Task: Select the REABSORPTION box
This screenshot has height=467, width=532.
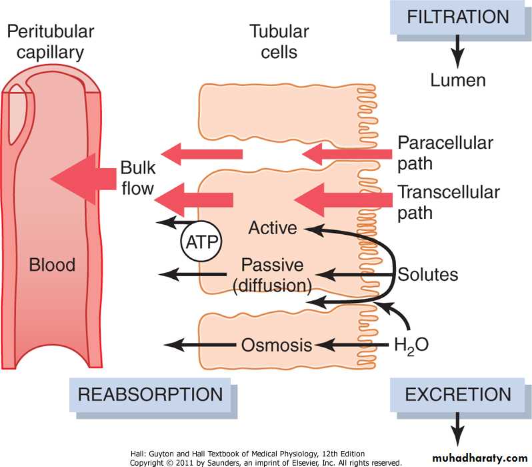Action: click(150, 394)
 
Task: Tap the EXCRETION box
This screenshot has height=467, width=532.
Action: click(459, 394)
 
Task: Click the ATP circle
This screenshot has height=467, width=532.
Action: click(201, 240)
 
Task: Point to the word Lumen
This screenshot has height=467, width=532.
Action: click(457, 81)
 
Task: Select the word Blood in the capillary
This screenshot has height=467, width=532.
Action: click(52, 265)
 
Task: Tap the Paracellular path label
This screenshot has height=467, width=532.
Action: click(445, 153)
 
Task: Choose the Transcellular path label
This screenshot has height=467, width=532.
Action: click(449, 203)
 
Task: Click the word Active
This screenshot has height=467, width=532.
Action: click(272, 228)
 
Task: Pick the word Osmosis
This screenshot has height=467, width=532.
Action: click(277, 346)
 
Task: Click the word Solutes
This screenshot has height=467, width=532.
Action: click(428, 274)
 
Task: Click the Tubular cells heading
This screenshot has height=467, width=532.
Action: click(279, 41)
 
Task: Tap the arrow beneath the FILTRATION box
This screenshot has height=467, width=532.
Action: click(457, 49)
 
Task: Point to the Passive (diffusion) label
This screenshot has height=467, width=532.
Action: click(273, 274)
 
